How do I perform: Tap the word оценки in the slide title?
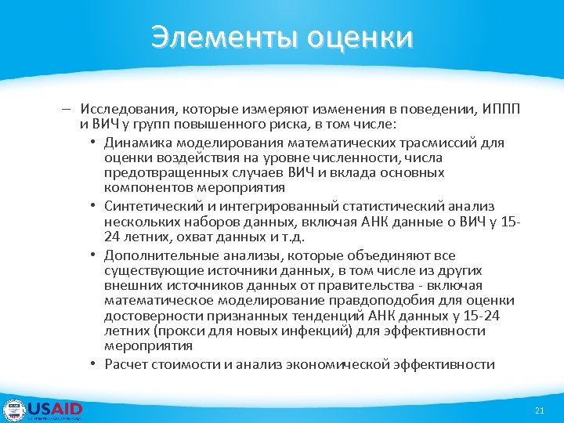pyautogui.click(x=360, y=36)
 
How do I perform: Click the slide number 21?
pyautogui.click(x=538, y=411)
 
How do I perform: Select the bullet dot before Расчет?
pyautogui.click(x=93, y=364)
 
